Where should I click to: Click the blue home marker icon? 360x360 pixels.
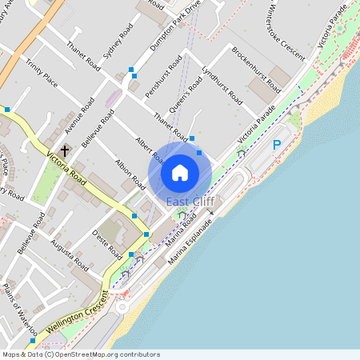tap(180, 172)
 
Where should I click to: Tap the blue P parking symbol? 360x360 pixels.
tap(277, 145)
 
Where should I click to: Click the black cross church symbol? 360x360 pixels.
tap(65, 149)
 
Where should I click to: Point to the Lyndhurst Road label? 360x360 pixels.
tap(222, 86)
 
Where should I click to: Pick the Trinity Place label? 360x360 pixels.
tap(41, 72)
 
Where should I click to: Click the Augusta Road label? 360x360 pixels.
tap(70, 253)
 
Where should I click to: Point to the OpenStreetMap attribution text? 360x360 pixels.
tap(80, 354)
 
